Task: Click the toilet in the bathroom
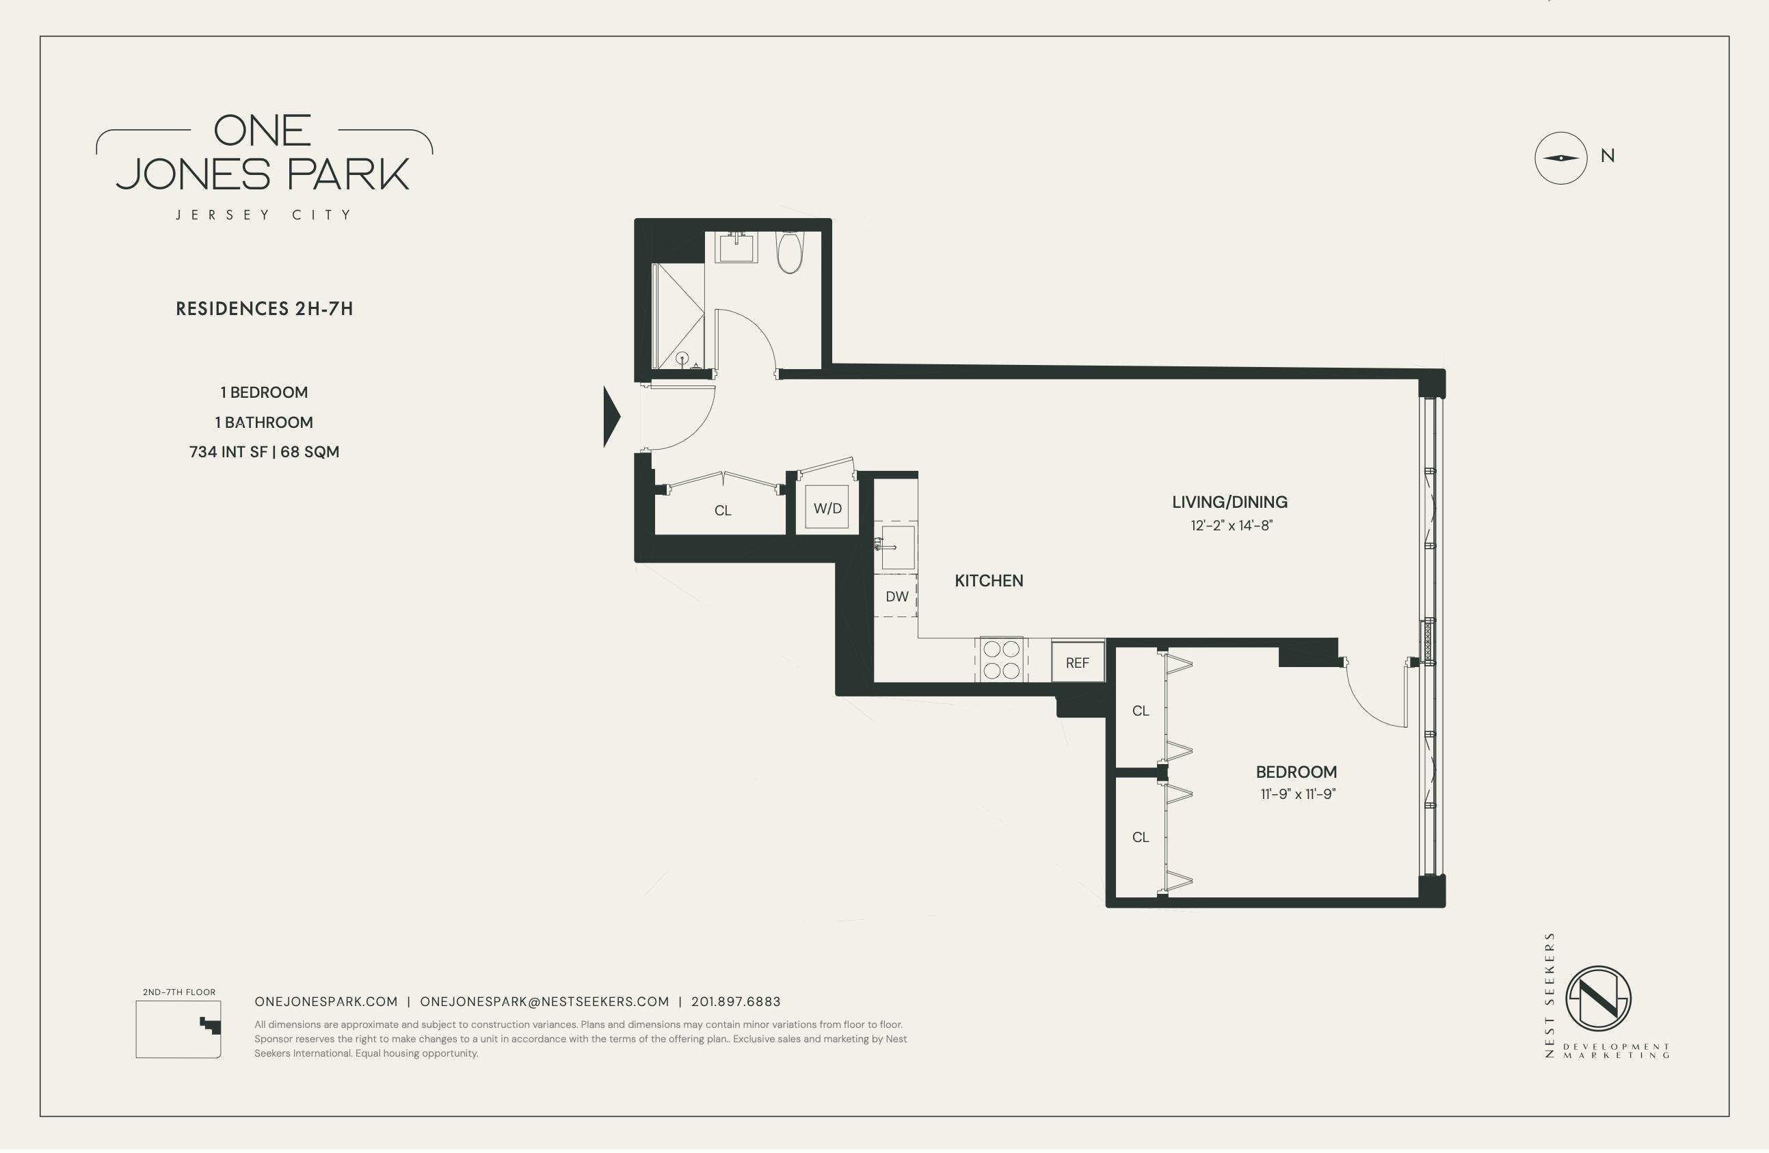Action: coord(789,253)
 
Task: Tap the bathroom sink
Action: coord(736,247)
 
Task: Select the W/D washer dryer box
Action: coord(827,507)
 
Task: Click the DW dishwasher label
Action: coord(897,597)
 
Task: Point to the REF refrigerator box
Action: coord(1077,662)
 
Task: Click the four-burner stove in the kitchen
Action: coord(1001,659)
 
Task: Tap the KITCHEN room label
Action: coord(989,581)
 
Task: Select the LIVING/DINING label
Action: coord(1229,502)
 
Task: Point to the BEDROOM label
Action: coord(1296,772)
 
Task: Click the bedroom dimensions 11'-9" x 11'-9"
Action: coord(1298,794)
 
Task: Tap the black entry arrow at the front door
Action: coord(611,417)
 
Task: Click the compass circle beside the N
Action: coord(1560,159)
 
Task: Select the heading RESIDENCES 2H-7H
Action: coord(264,309)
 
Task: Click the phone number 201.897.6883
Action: coord(736,1001)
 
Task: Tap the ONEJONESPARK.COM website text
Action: coord(325,1001)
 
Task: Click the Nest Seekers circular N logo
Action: coord(1598,999)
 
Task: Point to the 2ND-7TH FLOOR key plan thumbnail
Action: coord(178,1029)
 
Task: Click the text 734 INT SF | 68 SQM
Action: coord(264,452)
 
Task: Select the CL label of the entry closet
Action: coord(723,511)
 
